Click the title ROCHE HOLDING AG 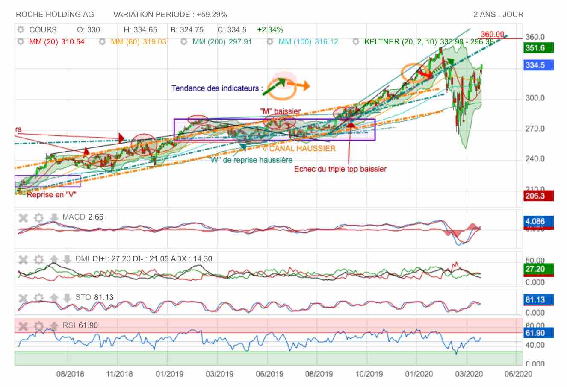point(55,15)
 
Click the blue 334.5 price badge point(538,65)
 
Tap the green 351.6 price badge point(538,48)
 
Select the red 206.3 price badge point(538,196)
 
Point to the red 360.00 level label point(493,35)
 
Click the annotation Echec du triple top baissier point(340,169)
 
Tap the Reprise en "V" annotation point(52,195)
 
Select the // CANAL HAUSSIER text point(299,149)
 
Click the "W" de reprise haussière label point(251,160)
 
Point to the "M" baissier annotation point(281,111)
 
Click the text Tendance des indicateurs point(217,88)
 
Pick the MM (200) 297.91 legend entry point(222,42)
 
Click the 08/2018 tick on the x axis point(70,374)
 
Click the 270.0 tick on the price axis point(535,129)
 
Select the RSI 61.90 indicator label point(80,325)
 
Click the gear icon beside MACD point(39,217)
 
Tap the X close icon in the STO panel point(24,297)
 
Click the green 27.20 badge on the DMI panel point(538,269)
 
